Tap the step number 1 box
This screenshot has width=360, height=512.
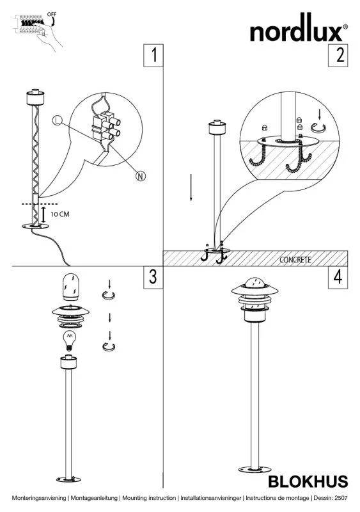pyautogui.click(x=153, y=56)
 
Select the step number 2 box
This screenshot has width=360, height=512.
pyautogui.click(x=338, y=56)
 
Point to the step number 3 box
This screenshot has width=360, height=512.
pyautogui.click(x=153, y=278)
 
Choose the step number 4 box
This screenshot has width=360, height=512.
pyautogui.click(x=338, y=278)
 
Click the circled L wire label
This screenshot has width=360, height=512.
pyautogui.click(x=57, y=120)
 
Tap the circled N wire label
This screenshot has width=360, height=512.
pyautogui.click(x=141, y=177)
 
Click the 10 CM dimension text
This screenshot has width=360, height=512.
pyautogui.click(x=60, y=214)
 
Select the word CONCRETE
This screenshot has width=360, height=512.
pyautogui.click(x=295, y=260)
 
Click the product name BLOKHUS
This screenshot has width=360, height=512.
pyautogui.click(x=308, y=482)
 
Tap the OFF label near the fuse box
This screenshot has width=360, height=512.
pyautogui.click(x=52, y=14)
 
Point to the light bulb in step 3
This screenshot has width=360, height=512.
pyautogui.click(x=70, y=340)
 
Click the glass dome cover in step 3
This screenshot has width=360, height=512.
pyautogui.click(x=70, y=287)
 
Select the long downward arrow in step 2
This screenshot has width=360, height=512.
pyautogui.click(x=191, y=188)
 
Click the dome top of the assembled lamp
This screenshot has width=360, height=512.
pyautogui.click(x=255, y=283)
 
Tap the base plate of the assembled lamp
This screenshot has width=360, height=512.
pyautogui.click(x=255, y=470)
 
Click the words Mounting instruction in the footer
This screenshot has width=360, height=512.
pyautogui.click(x=149, y=498)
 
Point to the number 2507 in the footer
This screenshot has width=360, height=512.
pyautogui.click(x=341, y=498)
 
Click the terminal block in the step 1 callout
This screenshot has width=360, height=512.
pyautogui.click(x=106, y=127)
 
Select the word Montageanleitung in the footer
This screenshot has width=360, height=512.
pyautogui.click(x=94, y=498)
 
